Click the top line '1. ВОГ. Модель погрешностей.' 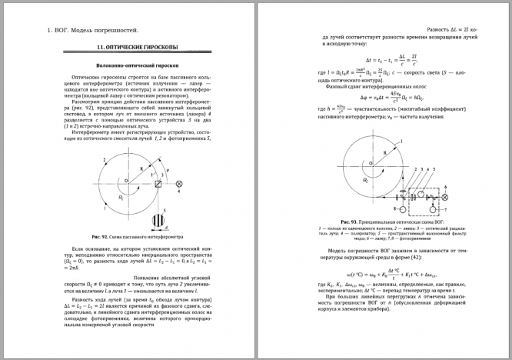coord(92,31)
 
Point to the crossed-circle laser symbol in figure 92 coord(180,185)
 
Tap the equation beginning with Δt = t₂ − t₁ coord(381,59)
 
